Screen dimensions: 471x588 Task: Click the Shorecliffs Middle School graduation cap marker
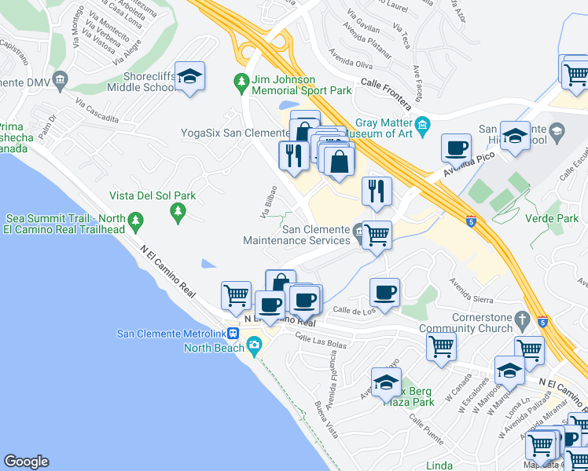point(189,76)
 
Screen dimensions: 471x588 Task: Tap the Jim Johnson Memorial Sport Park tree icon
point(242,80)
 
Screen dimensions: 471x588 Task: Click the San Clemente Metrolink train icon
point(233,333)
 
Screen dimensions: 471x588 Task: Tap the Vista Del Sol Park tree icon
point(178,211)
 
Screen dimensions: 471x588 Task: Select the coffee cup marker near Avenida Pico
point(456,147)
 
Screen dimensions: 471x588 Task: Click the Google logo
point(26,462)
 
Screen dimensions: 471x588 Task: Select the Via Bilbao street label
point(269,202)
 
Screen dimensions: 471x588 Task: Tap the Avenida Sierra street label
point(471,288)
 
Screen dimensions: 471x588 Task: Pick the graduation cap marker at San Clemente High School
point(515,136)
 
